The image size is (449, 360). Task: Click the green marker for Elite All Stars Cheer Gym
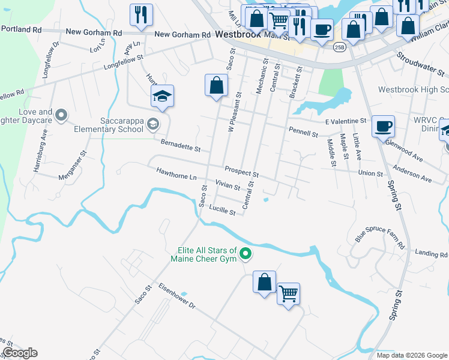245,255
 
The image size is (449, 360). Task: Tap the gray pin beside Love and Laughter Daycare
61,115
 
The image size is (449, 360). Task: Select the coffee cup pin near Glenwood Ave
383,127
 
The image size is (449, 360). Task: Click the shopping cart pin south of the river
289,295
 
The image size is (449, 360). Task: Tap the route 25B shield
340,47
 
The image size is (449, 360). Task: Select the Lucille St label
221,210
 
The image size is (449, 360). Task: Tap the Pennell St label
303,133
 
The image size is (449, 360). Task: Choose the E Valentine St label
345,121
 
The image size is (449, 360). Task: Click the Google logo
20,353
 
